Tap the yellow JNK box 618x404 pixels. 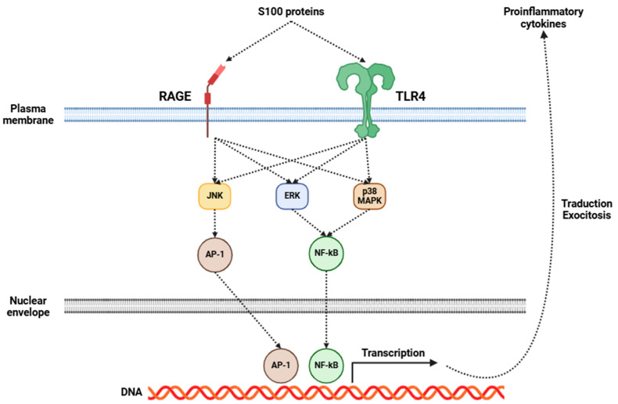coord(214,197)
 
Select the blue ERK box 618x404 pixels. coord(291,197)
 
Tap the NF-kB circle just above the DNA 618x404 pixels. coord(329,365)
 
